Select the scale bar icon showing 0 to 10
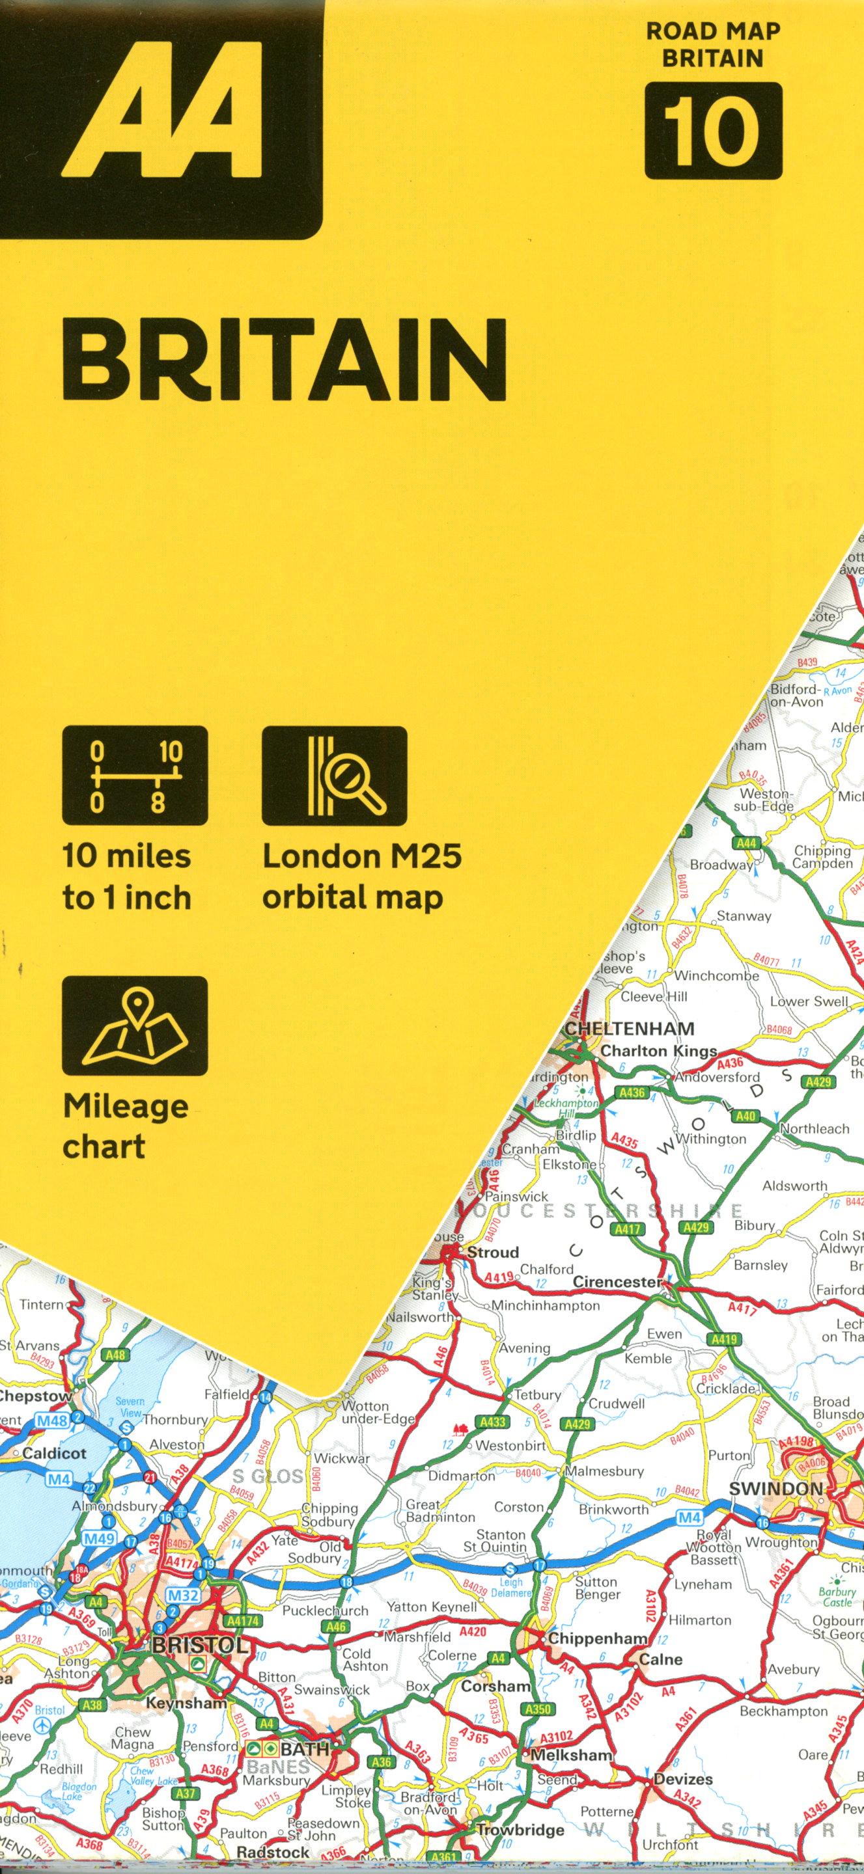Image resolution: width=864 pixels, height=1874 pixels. (135, 776)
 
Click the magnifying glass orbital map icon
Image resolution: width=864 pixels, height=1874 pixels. (334, 776)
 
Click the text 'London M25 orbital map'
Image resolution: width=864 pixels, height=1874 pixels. (362, 876)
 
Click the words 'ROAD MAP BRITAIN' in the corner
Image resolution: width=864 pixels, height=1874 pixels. (712, 44)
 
